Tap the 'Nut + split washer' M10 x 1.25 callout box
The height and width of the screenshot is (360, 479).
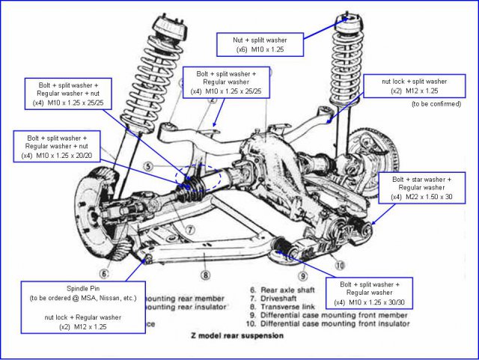pyautogui.click(x=260, y=43)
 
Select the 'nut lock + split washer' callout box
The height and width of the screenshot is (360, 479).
pyautogui.click(x=415, y=85)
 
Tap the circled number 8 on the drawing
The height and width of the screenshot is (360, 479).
pyautogui.click(x=204, y=254)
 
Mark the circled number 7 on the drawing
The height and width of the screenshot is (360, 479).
pyautogui.click(x=191, y=229)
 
